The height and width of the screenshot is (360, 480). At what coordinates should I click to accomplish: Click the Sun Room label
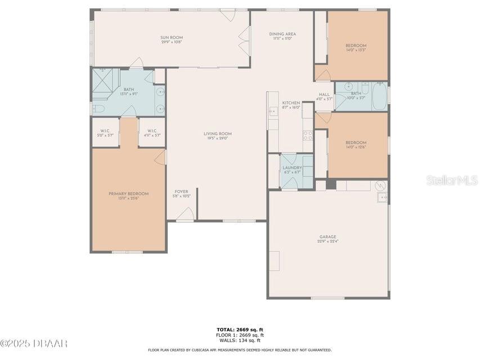pos(172,38)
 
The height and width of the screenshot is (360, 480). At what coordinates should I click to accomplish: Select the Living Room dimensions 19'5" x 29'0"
pos(217,138)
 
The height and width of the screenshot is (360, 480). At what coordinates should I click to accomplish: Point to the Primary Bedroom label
pos(128,193)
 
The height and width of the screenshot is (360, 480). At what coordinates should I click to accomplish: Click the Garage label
pos(328,237)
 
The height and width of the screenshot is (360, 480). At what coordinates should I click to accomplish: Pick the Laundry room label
pos(292,168)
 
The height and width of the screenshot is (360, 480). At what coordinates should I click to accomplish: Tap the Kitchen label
pos(291,103)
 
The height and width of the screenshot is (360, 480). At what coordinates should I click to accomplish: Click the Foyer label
pos(181,192)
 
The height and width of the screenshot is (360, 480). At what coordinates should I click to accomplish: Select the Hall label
pos(324,94)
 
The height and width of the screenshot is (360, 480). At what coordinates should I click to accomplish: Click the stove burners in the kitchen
pos(308,135)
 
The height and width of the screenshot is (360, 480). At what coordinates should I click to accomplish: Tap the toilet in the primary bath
pos(98,109)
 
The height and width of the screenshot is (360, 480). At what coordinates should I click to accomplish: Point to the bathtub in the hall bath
pos(379,96)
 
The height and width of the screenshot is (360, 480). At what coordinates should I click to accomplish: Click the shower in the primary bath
pos(102,77)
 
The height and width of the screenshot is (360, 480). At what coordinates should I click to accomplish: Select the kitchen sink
pos(273,111)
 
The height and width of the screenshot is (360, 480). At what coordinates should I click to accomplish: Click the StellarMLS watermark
pos(452,180)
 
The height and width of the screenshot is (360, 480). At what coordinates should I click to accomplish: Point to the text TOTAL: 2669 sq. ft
pos(240,329)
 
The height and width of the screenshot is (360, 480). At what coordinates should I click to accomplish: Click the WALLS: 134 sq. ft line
pos(240,340)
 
